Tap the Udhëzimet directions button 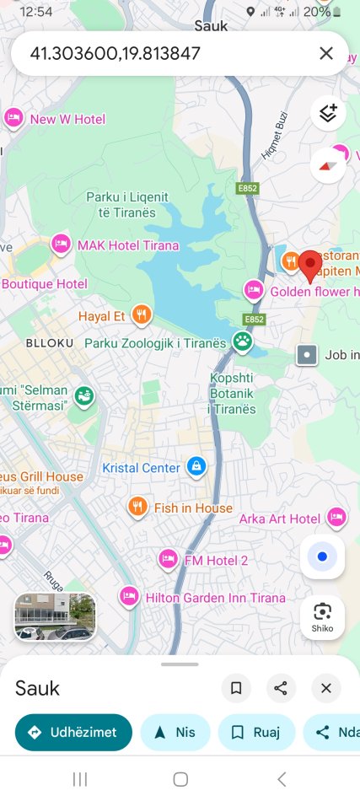tap(73, 732)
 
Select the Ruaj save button tap(256, 732)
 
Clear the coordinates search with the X tap(326, 54)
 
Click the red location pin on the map tap(311, 264)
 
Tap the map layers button tap(328, 113)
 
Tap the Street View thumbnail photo tap(55, 616)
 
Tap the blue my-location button tap(322, 556)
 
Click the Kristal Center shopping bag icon tap(196, 466)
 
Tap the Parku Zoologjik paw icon tap(243, 341)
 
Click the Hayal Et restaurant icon tap(142, 315)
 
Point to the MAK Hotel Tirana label tap(128, 245)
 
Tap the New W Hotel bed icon tap(13, 118)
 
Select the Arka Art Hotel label tap(280, 519)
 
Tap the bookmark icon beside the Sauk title tap(236, 688)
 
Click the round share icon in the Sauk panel tap(281, 688)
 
